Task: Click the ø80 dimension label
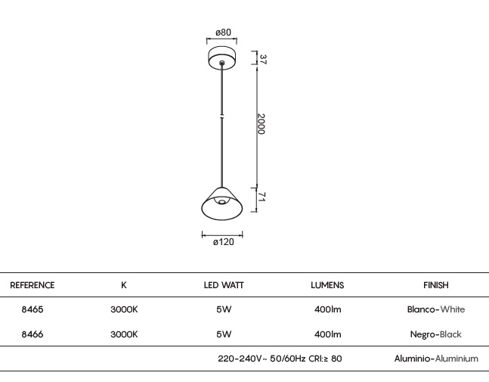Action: [x=223, y=32]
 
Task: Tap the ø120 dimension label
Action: [x=223, y=242]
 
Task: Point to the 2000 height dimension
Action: [x=262, y=124]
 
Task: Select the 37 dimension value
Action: [x=263, y=59]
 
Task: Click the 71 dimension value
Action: [x=262, y=197]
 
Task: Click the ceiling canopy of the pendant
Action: [x=222, y=57]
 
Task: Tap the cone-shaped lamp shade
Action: [x=222, y=203]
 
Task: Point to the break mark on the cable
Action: [x=222, y=116]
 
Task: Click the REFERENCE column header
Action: [x=32, y=285]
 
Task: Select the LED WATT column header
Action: [x=224, y=285]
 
